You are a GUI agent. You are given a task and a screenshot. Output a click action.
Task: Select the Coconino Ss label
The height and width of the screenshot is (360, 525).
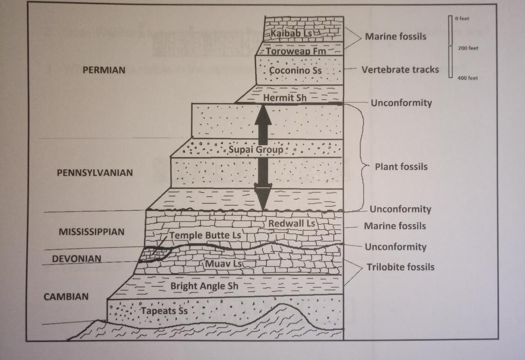(295, 70)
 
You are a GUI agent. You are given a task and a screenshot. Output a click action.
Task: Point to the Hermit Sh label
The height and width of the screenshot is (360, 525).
(285, 97)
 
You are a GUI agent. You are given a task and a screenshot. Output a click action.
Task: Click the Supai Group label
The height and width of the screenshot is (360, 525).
(255, 149)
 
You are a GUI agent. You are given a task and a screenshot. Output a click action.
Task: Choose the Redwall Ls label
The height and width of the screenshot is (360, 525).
(291, 224)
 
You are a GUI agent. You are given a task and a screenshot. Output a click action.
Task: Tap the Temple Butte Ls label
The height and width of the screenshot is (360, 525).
(205, 235)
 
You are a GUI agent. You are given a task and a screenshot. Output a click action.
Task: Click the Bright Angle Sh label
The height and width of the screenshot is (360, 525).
(205, 286)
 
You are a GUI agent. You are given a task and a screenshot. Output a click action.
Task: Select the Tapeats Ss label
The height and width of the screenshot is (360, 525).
(164, 310)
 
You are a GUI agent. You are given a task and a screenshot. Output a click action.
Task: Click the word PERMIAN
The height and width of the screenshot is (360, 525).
(104, 70)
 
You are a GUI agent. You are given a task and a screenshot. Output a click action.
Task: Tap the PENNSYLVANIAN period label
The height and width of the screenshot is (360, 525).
(94, 173)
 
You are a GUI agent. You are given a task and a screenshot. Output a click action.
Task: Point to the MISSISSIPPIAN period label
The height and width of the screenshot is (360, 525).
(91, 232)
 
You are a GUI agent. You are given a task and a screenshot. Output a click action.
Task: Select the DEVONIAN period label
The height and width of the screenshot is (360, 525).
(76, 258)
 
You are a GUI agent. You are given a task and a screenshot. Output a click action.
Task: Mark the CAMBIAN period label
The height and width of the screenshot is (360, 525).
(66, 296)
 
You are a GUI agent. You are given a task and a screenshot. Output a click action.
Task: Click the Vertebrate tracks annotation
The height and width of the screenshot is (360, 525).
(400, 70)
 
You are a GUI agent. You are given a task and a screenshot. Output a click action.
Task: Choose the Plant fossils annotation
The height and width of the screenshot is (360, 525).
(401, 167)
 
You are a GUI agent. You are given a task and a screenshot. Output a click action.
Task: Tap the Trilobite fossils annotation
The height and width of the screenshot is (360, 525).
(400, 267)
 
